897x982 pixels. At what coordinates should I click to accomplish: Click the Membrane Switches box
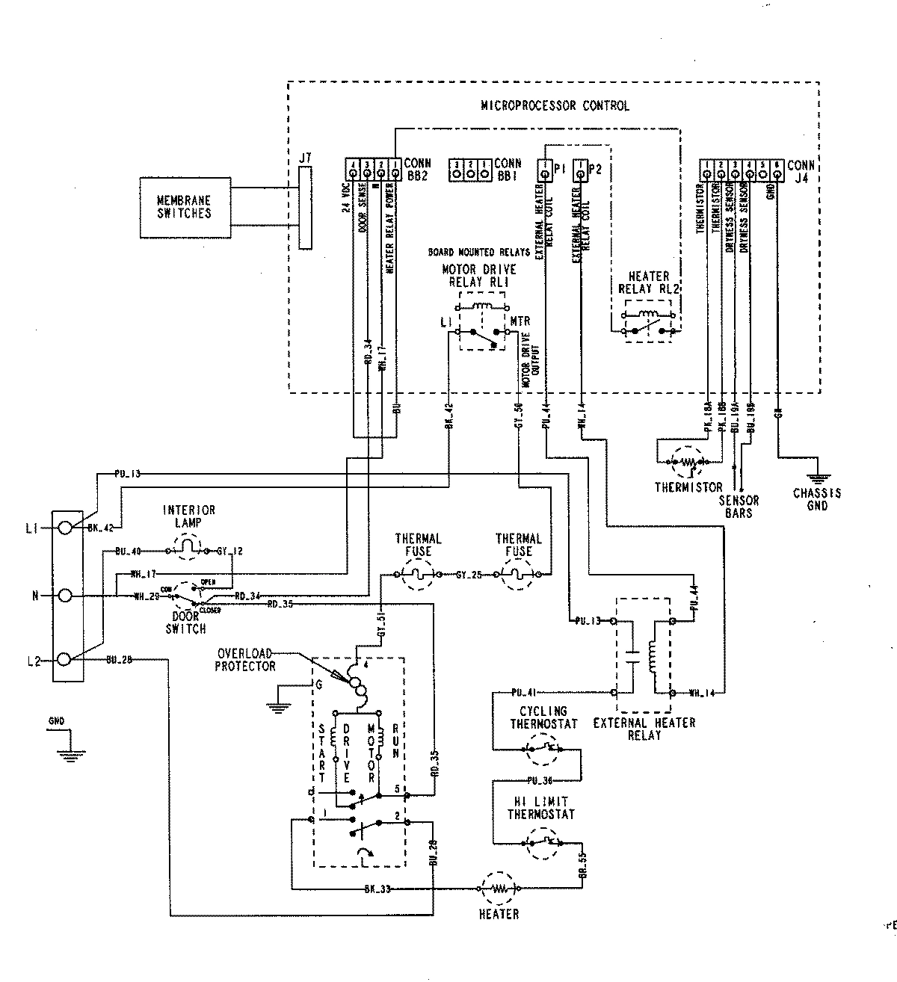click(x=183, y=207)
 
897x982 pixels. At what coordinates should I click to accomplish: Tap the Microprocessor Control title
click(x=555, y=105)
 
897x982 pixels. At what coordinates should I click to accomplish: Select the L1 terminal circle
click(x=65, y=528)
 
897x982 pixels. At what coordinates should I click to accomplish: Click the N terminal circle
click(x=65, y=596)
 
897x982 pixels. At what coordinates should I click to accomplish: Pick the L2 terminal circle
click(x=65, y=660)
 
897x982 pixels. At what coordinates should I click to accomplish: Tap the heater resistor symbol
click(x=498, y=889)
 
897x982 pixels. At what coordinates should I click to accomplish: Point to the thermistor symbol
click(x=688, y=463)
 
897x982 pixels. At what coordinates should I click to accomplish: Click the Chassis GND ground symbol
click(x=817, y=478)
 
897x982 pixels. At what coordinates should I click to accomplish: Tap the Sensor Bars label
click(x=739, y=507)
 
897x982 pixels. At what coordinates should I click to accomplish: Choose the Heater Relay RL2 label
click(x=648, y=282)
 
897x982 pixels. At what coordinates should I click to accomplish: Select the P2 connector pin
click(x=580, y=175)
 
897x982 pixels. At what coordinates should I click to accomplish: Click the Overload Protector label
click(x=245, y=659)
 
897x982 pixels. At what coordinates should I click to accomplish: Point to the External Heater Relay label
click(x=644, y=729)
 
